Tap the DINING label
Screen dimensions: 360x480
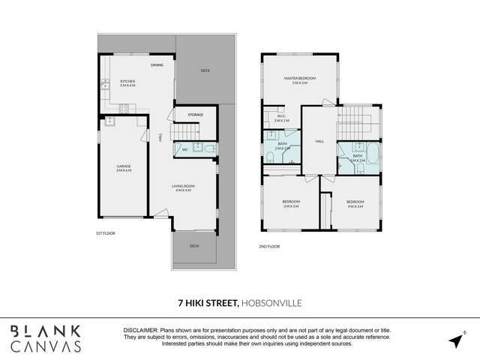click(157, 66)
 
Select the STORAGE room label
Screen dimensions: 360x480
click(195, 115)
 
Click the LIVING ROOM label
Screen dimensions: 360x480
click(184, 188)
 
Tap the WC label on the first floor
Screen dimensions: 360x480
click(184, 149)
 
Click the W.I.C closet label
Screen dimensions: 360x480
click(282, 118)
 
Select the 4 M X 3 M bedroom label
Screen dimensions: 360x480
click(355, 203)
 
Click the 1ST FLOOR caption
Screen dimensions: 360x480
click(105, 233)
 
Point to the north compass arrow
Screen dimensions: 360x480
click(455, 340)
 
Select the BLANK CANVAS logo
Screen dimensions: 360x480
click(46, 339)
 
